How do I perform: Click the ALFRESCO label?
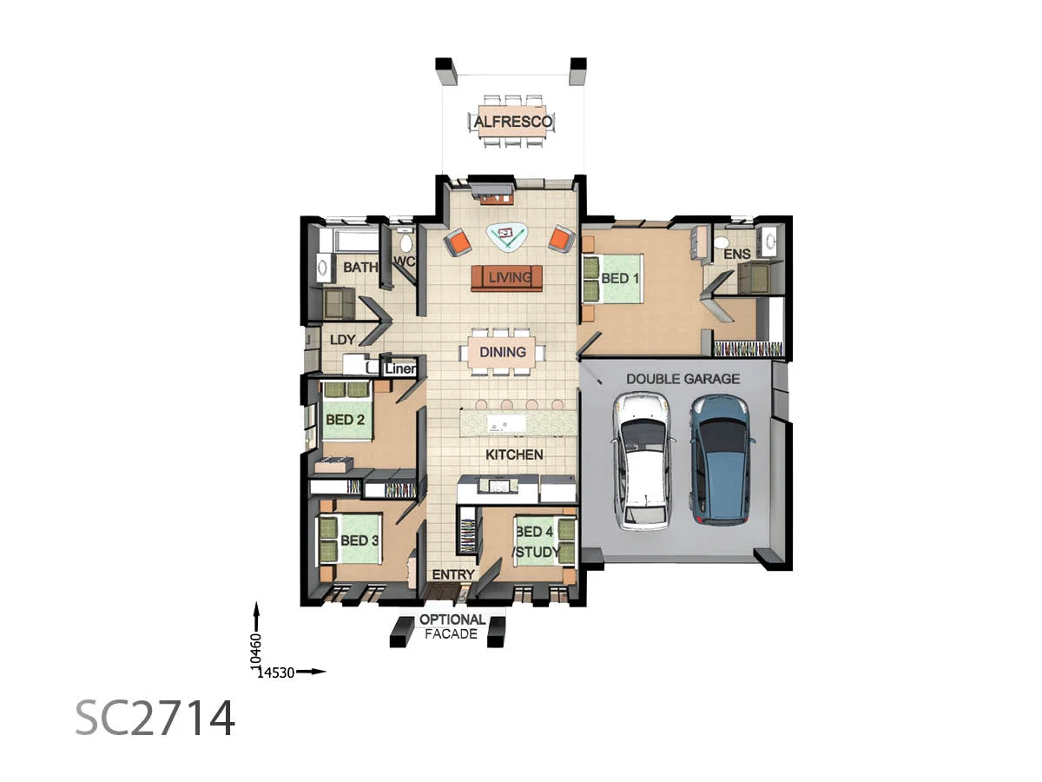[512, 123]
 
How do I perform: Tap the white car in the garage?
[642, 461]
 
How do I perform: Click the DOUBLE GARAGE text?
[683, 379]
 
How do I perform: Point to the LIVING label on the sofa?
[508, 278]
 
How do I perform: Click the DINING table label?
[503, 352]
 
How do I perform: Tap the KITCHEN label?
[514, 454]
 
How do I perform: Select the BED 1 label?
[620, 279]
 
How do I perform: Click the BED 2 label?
[345, 420]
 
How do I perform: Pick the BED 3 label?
[359, 540]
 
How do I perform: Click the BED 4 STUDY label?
[535, 541]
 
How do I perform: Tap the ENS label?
[736, 255]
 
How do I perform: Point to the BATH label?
[359, 267]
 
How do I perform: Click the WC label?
[405, 262]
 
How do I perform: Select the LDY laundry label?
[343, 340]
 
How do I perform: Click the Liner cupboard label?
[400, 369]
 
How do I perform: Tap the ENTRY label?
[452, 574]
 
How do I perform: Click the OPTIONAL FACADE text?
[452, 626]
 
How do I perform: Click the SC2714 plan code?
[155, 718]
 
